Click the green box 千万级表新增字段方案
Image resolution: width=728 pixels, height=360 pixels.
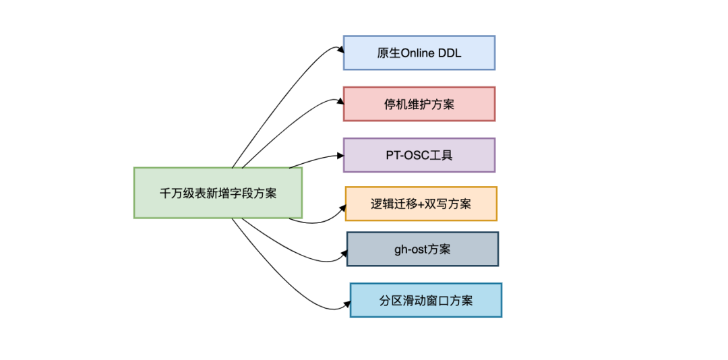pos(218,193)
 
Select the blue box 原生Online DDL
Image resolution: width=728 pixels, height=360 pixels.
pos(419,53)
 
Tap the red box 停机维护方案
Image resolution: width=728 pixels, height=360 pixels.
pos(419,104)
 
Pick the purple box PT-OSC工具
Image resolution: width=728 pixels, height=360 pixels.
pos(419,155)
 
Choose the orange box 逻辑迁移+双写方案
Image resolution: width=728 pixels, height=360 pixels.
pos(421,204)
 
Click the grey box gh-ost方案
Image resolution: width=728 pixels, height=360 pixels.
pos(423,249)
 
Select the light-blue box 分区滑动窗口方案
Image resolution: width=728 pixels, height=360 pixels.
pos(425,300)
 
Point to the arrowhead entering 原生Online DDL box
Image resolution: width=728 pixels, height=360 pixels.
pos(339,49)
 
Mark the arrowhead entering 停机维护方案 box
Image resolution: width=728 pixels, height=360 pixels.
pos(339,101)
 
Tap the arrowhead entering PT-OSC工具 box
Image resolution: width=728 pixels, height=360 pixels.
pos(339,156)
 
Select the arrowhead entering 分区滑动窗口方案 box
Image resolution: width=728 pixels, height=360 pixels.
pos(346,307)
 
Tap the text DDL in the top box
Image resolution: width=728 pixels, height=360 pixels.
pos(450,53)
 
